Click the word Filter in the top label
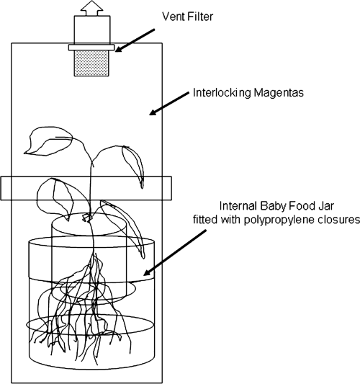(x=201, y=17)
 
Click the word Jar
(x=325, y=206)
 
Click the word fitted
(x=205, y=220)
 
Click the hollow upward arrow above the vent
(x=91, y=9)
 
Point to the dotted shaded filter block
(x=91, y=63)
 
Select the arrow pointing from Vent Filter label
(x=135, y=40)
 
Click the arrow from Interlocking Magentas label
(x=169, y=104)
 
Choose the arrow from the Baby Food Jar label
(x=175, y=253)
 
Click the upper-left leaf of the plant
(x=48, y=141)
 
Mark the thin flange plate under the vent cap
(x=91, y=48)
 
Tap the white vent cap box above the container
(x=92, y=30)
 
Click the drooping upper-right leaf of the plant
(x=134, y=164)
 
